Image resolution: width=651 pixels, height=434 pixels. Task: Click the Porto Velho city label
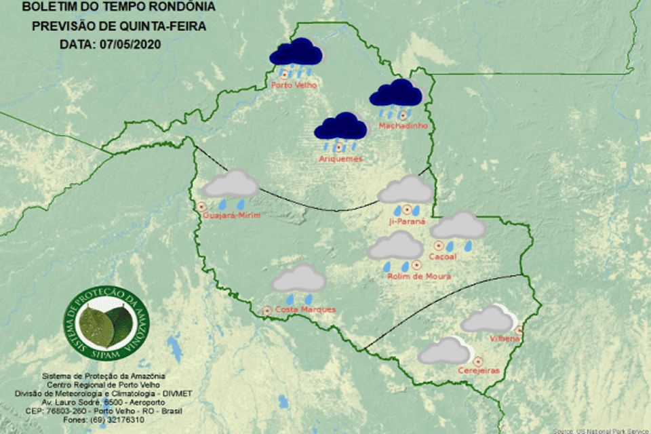point(294,86)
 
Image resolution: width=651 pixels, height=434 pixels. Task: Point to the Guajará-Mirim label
point(231,216)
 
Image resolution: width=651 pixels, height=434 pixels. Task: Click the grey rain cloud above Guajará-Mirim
point(231,186)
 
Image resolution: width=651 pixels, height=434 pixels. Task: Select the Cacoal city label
point(443,256)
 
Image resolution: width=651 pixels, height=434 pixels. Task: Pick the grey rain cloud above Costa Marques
point(298,280)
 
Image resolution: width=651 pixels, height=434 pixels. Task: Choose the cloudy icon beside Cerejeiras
point(445,351)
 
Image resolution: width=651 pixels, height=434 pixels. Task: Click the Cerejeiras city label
point(479,371)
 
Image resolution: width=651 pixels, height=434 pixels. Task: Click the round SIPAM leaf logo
point(106,324)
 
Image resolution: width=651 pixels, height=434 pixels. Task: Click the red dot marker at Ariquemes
point(338,148)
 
